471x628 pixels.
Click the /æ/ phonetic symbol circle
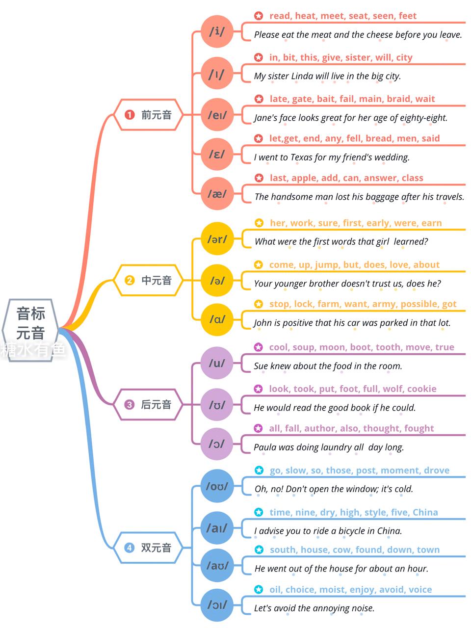point(217,194)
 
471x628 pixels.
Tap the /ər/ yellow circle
point(217,238)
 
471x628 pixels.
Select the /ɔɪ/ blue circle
point(217,605)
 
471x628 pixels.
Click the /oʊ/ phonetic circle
point(217,486)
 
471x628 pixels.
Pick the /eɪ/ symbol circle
point(217,115)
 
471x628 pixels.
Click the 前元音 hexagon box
point(148,115)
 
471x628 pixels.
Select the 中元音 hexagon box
point(148,280)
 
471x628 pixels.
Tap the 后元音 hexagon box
point(148,405)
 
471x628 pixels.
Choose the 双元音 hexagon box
point(148,548)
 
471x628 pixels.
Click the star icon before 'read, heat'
point(259,16)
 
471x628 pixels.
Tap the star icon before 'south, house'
point(259,549)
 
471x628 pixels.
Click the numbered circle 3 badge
point(129,405)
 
